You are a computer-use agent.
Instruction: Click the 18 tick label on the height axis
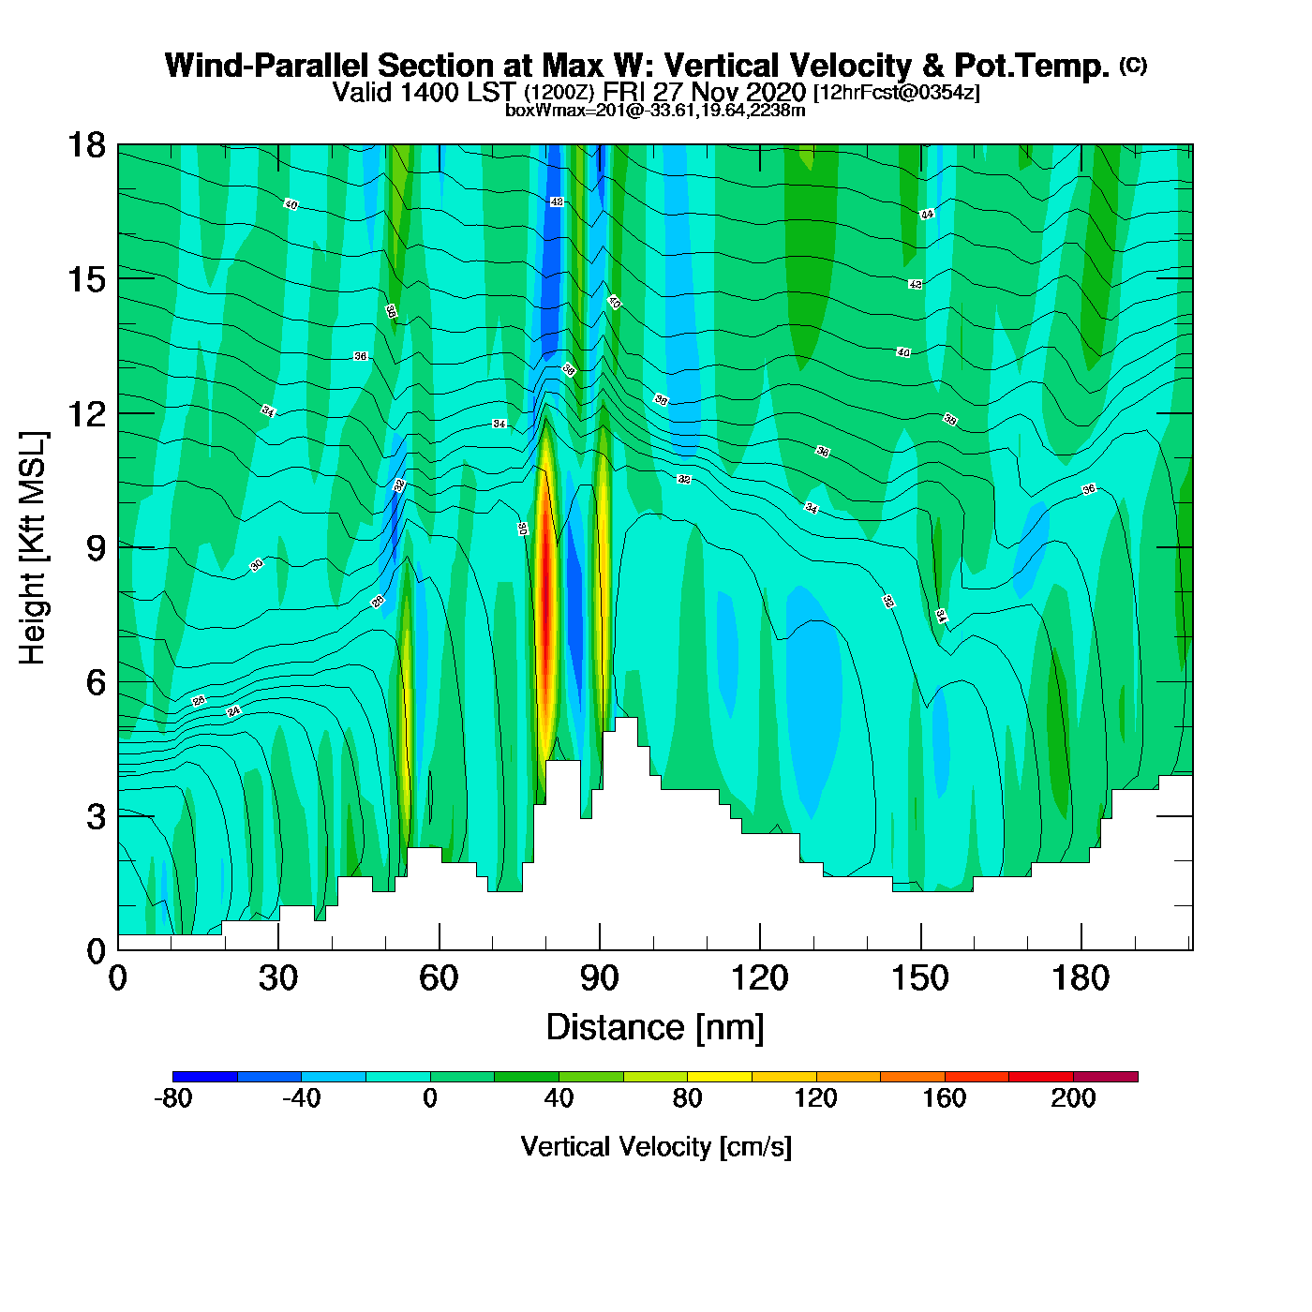coord(85,145)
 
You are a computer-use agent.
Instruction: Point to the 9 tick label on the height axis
coord(96,548)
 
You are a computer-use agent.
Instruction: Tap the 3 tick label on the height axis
coord(96,817)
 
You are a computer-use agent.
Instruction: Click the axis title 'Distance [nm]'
coord(655,1028)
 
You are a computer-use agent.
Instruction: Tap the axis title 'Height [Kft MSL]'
coord(33,548)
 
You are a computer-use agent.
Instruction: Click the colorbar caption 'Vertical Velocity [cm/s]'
coord(656,1147)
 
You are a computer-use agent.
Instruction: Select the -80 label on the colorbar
coord(172,1098)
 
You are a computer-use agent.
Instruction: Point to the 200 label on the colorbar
coord(1073,1098)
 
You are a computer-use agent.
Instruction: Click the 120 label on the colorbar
coord(815,1098)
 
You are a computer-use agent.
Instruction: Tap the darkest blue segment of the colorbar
coord(205,1077)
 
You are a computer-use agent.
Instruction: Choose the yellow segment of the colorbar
coord(720,1077)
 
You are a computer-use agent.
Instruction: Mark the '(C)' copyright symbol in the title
coord(1133,65)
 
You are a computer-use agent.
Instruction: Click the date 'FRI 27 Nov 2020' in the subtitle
coord(704,92)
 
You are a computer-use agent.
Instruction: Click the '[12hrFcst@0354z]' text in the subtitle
coord(897,93)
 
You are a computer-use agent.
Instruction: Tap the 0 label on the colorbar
coord(430,1098)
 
